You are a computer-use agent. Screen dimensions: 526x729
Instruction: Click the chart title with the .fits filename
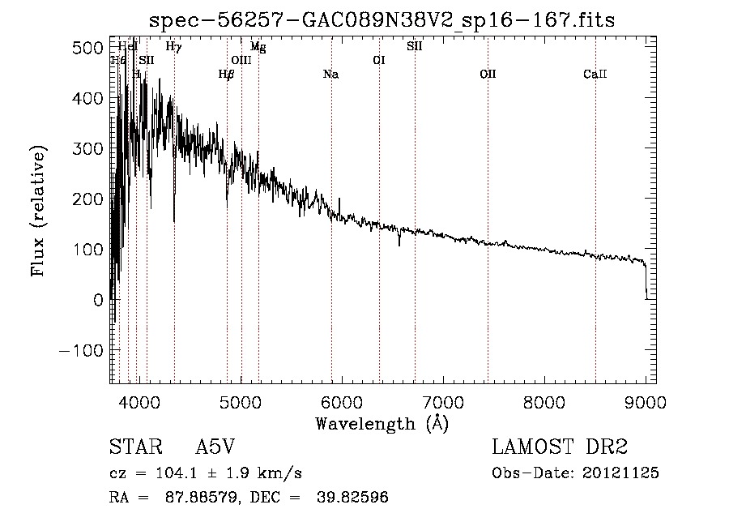383,20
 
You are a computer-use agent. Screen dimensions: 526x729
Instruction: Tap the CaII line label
595,75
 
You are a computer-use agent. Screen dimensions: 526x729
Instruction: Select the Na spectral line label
330,75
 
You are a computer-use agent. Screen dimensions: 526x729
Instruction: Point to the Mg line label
258,47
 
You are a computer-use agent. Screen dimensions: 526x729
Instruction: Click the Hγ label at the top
173,47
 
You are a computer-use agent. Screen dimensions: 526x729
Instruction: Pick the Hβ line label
227,75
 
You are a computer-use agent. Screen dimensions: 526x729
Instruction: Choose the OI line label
378,60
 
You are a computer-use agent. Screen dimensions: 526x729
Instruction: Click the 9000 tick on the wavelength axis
646,401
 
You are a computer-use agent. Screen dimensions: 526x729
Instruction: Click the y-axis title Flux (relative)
39,211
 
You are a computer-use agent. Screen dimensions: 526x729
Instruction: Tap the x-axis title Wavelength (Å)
382,423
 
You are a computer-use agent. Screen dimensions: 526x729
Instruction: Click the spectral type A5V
215,447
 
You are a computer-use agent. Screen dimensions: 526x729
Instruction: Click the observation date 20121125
620,473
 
